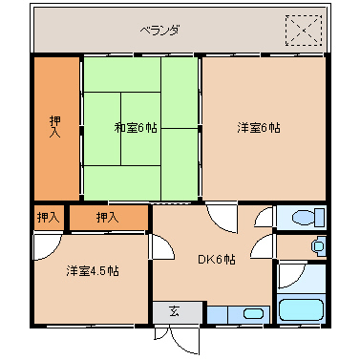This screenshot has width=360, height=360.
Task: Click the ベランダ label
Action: point(159,30)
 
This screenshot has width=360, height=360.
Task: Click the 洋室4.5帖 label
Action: point(93,271)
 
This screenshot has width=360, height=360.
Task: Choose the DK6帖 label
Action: point(216,259)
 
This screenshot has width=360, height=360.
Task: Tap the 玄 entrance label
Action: point(176,311)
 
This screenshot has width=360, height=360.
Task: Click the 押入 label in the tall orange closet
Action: point(56,126)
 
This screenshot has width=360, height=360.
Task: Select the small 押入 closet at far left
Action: point(48,218)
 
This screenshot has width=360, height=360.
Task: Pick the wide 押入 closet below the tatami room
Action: point(108,218)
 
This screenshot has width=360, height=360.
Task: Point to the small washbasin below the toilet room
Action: point(318,246)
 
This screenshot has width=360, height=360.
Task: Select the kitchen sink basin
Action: point(253,313)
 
